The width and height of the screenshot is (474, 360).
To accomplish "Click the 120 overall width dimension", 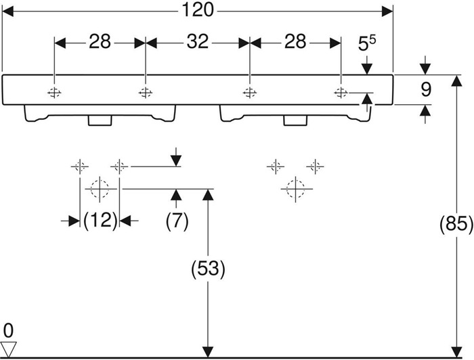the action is point(198,10).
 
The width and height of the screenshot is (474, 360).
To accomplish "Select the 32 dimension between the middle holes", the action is point(198,41).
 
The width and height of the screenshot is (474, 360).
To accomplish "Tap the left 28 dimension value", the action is point(100,41).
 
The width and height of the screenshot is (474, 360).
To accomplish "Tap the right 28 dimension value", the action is point(295,41).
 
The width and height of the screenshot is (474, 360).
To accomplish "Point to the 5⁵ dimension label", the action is point(367,43).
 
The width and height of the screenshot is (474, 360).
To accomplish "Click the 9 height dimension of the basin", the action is point(426,90).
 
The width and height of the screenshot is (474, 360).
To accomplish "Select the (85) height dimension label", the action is point(456,225).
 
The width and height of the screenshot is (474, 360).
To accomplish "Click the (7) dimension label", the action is point(177,221).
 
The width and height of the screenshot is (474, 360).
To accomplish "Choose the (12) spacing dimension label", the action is point(100,221).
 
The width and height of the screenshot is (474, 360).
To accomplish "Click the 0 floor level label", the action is point(8,330).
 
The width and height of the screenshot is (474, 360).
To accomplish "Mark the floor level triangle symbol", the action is point(8,349).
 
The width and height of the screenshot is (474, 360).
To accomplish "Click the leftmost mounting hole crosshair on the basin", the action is point(54,93).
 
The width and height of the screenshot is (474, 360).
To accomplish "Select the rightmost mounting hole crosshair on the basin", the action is point(341,93).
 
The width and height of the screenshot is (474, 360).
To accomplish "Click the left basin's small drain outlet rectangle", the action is point(100,120).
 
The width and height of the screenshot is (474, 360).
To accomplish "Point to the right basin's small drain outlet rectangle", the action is point(295,120).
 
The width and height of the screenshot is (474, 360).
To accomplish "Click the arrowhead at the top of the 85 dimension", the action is point(456,81).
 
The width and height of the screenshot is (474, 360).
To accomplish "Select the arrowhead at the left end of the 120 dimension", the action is point(7,12).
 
